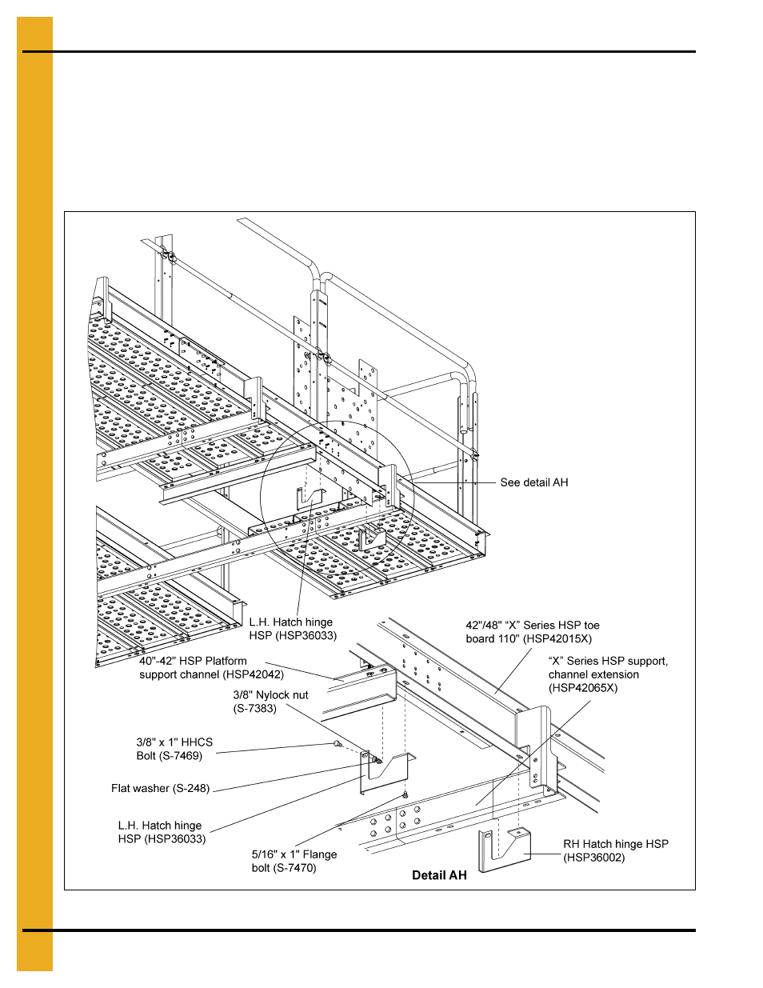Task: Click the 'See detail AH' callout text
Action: tap(533, 482)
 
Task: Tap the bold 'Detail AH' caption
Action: tap(439, 875)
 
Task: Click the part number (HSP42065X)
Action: tap(583, 688)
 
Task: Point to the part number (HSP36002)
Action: tap(594, 858)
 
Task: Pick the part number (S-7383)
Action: tap(255, 708)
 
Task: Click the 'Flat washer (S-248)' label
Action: tap(160, 788)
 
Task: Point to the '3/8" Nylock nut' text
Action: tap(270, 695)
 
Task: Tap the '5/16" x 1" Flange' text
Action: tap(294, 854)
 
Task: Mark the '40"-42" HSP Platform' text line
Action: tap(193, 661)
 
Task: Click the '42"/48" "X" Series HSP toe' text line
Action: tap(533, 625)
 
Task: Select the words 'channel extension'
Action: tap(593, 674)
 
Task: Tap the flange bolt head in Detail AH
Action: tap(405, 795)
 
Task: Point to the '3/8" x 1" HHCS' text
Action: tap(174, 742)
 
